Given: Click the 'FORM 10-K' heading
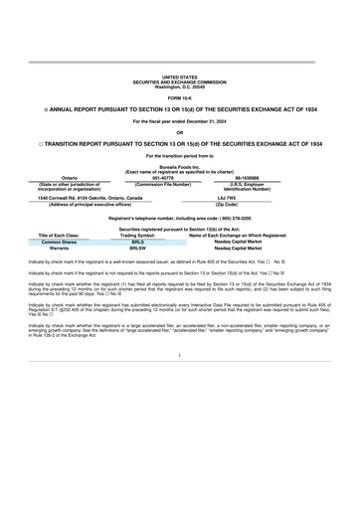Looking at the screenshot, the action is (180, 96).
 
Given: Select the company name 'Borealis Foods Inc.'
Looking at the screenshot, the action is (180, 167).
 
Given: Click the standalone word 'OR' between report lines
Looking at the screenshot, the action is (180, 131).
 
